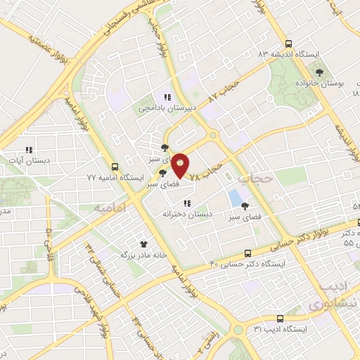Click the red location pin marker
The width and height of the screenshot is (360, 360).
click(x=180, y=164)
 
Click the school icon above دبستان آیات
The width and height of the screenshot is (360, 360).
click(x=29, y=149)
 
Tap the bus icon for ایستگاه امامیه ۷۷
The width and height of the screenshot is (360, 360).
click(x=114, y=167)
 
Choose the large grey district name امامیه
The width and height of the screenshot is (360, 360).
click(x=112, y=208)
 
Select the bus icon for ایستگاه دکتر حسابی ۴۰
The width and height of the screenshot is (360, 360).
click(x=247, y=253)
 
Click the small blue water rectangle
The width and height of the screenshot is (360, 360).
click(x=233, y=197)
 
